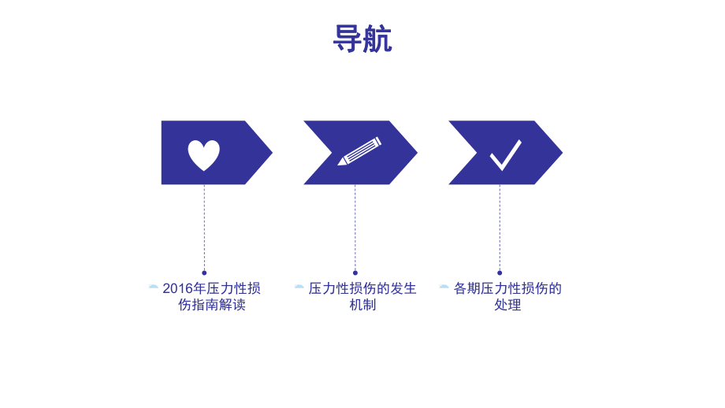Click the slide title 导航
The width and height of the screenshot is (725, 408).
tap(362, 39)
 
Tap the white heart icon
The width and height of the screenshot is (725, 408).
tap(203, 155)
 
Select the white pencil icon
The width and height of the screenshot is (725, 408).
tap(359, 151)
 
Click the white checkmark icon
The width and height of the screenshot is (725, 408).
tap(505, 154)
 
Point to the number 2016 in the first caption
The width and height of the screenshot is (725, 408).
tap(177, 288)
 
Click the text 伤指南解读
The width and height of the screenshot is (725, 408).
tap(212, 305)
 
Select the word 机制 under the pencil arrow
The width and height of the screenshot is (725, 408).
tap(362, 305)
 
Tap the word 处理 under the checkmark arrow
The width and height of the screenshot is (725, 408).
tap(507, 305)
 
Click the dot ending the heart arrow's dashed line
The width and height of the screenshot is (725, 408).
tap(204, 273)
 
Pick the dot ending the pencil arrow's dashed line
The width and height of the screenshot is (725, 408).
tap(355, 273)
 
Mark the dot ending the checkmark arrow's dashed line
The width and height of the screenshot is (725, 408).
tap(500, 273)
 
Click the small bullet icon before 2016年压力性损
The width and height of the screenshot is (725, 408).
tap(153, 287)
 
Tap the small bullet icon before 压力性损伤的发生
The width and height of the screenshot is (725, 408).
tap(299, 287)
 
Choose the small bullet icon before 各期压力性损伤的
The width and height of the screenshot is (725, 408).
tap(444, 287)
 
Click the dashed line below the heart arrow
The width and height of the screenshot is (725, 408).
tap(204, 228)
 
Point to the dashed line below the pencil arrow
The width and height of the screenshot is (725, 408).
tap(355, 228)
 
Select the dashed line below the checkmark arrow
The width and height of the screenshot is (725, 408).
tap(500, 228)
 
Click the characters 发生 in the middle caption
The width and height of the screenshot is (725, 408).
tap(402, 288)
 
